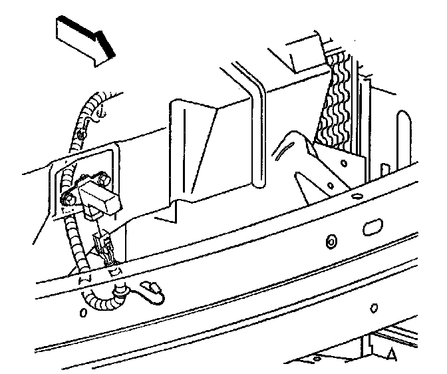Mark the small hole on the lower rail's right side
pos(374,307)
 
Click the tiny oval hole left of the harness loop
pos(84,311)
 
